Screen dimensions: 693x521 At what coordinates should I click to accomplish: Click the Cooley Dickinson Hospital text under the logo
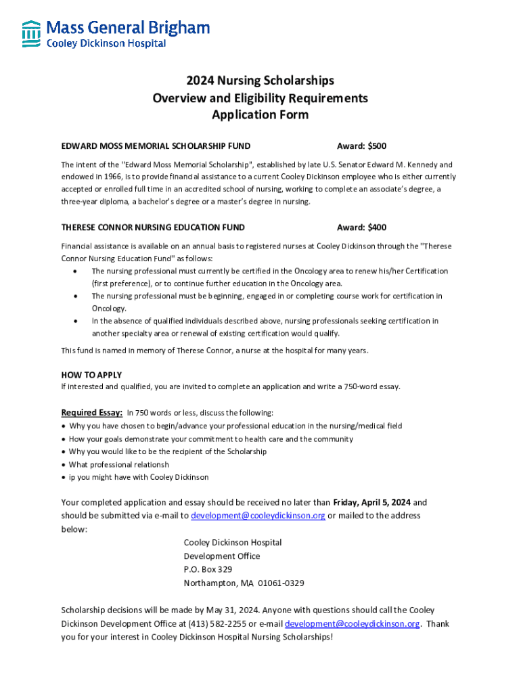(x=106, y=43)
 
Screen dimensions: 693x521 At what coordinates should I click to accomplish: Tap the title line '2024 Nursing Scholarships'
(x=260, y=81)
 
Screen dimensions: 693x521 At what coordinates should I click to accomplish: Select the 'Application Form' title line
(x=260, y=114)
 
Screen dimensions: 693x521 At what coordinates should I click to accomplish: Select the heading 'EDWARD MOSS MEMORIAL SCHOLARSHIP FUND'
(x=156, y=146)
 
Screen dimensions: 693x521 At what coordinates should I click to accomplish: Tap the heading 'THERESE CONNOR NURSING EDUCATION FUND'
(x=153, y=227)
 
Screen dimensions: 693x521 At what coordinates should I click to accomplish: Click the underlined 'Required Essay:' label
(x=92, y=413)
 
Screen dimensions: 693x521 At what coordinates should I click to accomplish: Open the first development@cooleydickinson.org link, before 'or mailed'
(x=258, y=516)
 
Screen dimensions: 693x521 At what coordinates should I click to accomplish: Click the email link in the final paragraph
(x=352, y=624)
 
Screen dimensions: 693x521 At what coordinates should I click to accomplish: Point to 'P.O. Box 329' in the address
(x=208, y=570)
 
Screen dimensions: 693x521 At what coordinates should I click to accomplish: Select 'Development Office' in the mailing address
(x=222, y=556)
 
